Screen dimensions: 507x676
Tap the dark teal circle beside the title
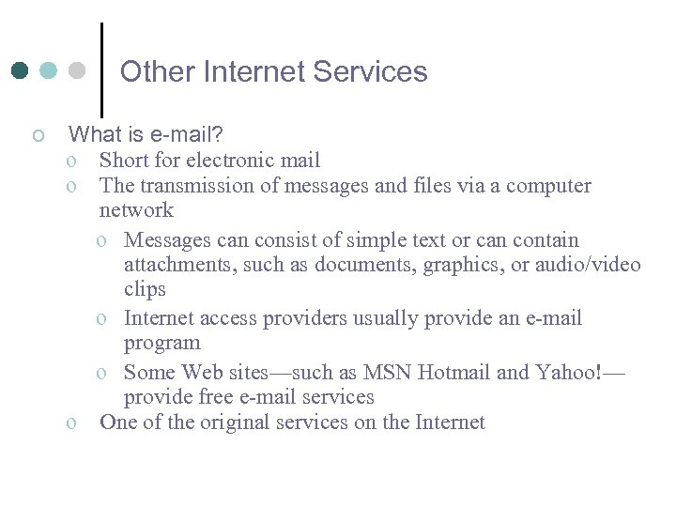pos(21,70)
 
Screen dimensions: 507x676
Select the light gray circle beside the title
pos(77,70)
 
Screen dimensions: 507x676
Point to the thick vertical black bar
pos(101,69)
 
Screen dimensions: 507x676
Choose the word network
pos(136,210)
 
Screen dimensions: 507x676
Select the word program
pos(161,344)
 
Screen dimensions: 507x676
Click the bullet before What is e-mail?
pos(38,137)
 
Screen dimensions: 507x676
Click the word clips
pos(145,289)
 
